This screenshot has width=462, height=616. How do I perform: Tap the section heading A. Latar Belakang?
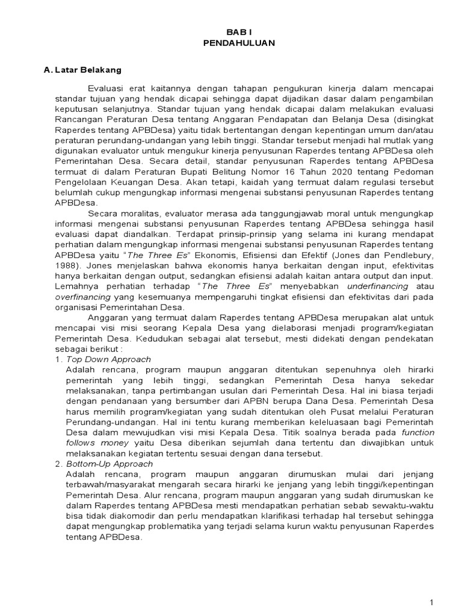click(83, 70)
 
